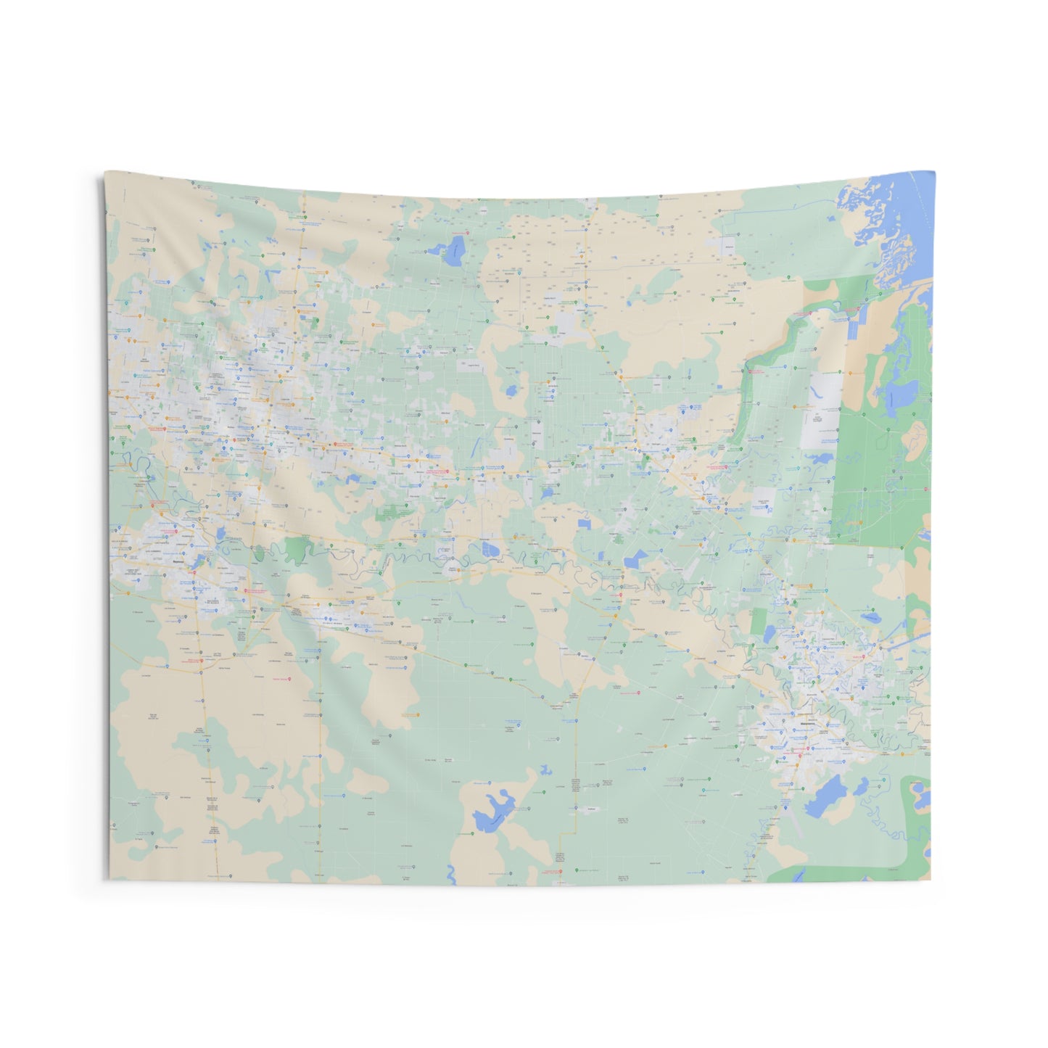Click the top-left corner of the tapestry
point(105,173)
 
